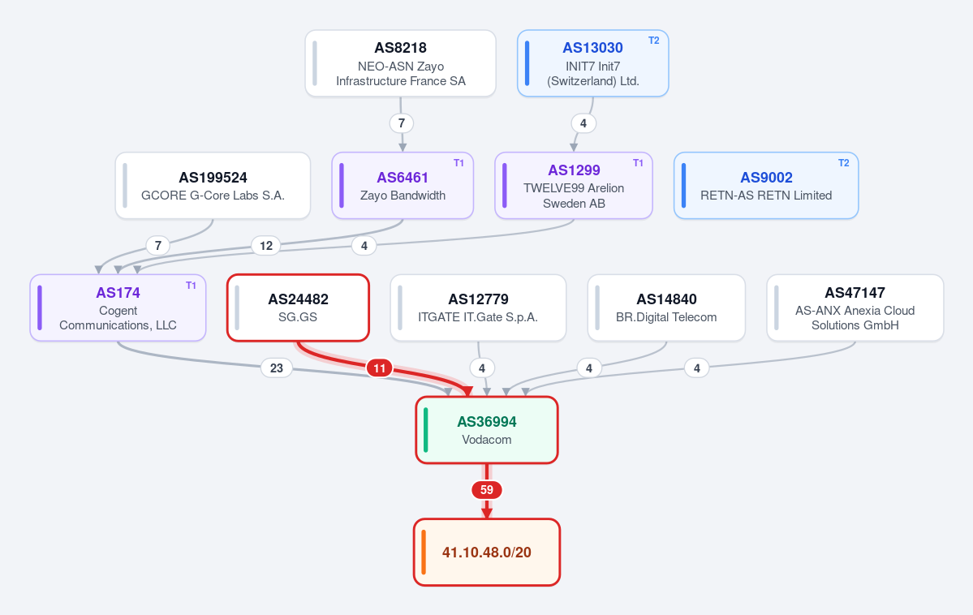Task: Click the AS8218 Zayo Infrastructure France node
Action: click(x=400, y=63)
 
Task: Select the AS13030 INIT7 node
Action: click(x=592, y=63)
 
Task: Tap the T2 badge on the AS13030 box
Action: click(x=653, y=41)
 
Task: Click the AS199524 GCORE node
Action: click(x=213, y=186)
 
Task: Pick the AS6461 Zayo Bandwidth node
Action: click(x=403, y=186)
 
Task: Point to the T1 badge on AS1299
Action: click(x=638, y=162)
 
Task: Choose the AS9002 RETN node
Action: click(x=766, y=186)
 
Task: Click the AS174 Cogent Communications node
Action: click(x=118, y=307)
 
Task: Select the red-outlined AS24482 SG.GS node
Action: click(x=298, y=307)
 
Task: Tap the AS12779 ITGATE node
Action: click(x=478, y=307)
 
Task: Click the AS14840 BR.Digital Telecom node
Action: click(x=666, y=307)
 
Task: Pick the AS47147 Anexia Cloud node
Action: click(x=855, y=307)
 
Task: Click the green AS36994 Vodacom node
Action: click(x=487, y=430)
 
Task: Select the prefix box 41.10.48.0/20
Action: click(x=487, y=553)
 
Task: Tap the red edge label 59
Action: click(x=487, y=490)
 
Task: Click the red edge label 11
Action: click(x=380, y=368)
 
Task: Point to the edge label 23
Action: click(x=277, y=368)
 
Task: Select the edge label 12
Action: click(x=266, y=246)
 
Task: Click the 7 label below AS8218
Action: click(x=402, y=123)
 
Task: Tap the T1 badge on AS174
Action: click(x=192, y=286)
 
